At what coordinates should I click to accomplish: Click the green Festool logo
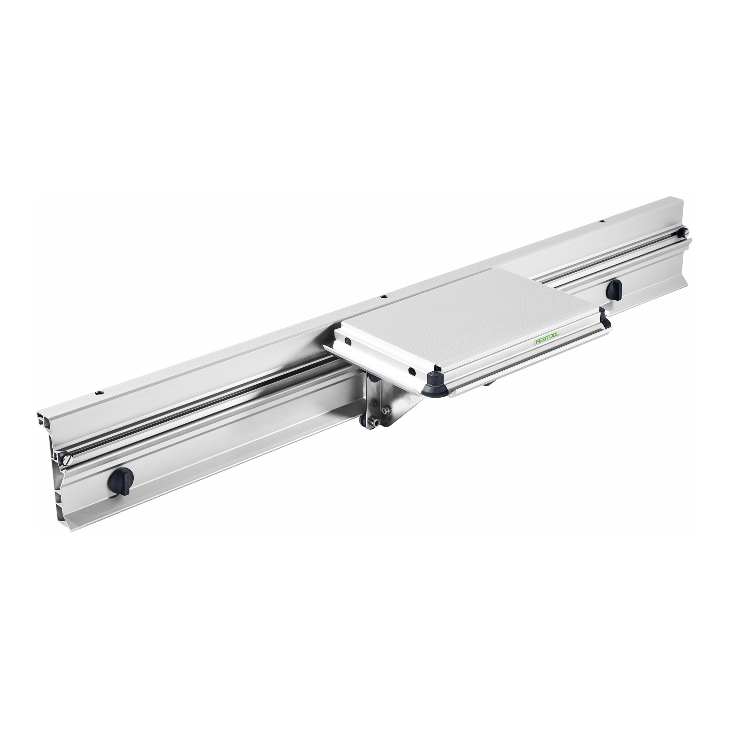point(547,338)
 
